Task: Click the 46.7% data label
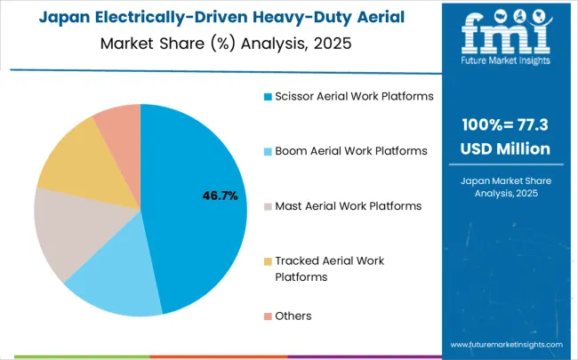(x=220, y=196)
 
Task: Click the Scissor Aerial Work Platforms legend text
(x=354, y=96)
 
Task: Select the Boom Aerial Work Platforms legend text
(x=351, y=151)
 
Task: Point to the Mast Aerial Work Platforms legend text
(x=348, y=206)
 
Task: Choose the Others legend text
(x=293, y=316)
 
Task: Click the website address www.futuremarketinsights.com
(x=506, y=344)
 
